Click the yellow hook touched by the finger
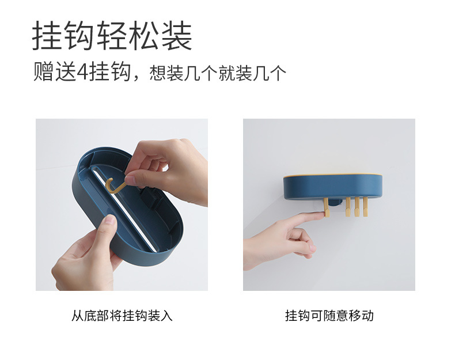[327, 207]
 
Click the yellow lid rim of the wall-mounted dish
[332, 174]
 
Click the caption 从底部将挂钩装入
[122, 316]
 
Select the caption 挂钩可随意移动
[329, 316]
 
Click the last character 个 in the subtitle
[278, 74]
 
